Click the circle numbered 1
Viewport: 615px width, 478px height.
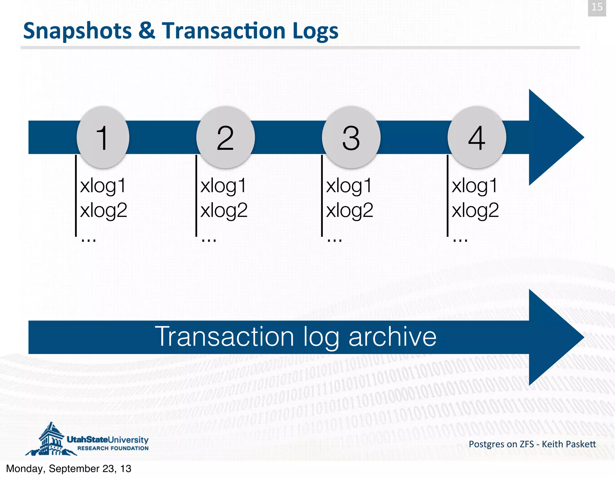tap(103, 137)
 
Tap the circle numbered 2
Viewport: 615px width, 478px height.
tap(226, 137)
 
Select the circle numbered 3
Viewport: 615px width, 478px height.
tap(351, 137)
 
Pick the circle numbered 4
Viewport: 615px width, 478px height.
tap(477, 137)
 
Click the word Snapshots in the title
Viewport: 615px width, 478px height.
tap(77, 31)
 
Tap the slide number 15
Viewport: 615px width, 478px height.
tap(597, 7)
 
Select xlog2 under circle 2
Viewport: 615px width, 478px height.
tap(224, 210)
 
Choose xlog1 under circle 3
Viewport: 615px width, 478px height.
tap(349, 186)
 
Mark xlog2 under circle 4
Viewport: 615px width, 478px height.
tap(475, 210)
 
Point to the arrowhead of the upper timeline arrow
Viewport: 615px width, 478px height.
tap(553, 137)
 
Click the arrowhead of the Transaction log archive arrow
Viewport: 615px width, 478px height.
tap(553, 337)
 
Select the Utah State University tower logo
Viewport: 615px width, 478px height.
tap(51, 440)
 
